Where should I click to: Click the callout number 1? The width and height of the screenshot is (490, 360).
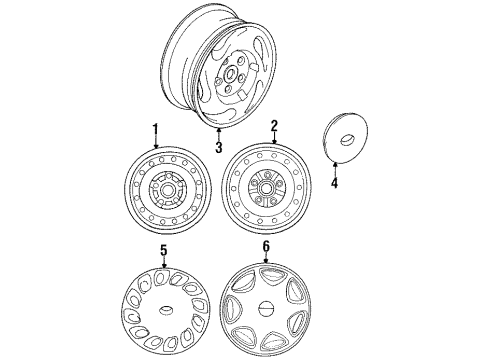(x=155, y=130)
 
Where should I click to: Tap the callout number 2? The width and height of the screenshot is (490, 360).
(x=274, y=126)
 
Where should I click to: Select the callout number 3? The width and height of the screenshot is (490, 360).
(x=219, y=147)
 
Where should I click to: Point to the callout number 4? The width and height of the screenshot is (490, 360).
(x=334, y=183)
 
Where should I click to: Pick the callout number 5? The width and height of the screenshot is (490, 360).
(x=163, y=250)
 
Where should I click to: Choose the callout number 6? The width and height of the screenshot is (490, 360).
(x=266, y=247)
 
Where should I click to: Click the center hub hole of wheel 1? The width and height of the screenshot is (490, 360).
(x=166, y=191)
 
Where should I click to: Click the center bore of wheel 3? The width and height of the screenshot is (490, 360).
(x=230, y=74)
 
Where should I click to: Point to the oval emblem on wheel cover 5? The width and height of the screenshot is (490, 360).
(x=165, y=310)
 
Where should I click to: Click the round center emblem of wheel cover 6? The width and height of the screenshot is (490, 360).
(x=266, y=308)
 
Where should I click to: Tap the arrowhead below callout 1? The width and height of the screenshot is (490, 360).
(x=155, y=145)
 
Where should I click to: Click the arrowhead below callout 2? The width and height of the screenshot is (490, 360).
(x=274, y=141)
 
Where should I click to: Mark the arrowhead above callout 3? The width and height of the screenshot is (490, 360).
(x=219, y=131)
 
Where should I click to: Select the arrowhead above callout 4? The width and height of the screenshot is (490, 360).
(x=335, y=164)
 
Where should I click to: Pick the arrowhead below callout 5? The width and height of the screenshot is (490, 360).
(x=164, y=265)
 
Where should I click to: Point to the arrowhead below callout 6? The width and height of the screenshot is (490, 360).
(x=266, y=261)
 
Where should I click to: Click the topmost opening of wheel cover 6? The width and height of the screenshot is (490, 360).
(x=269, y=275)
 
